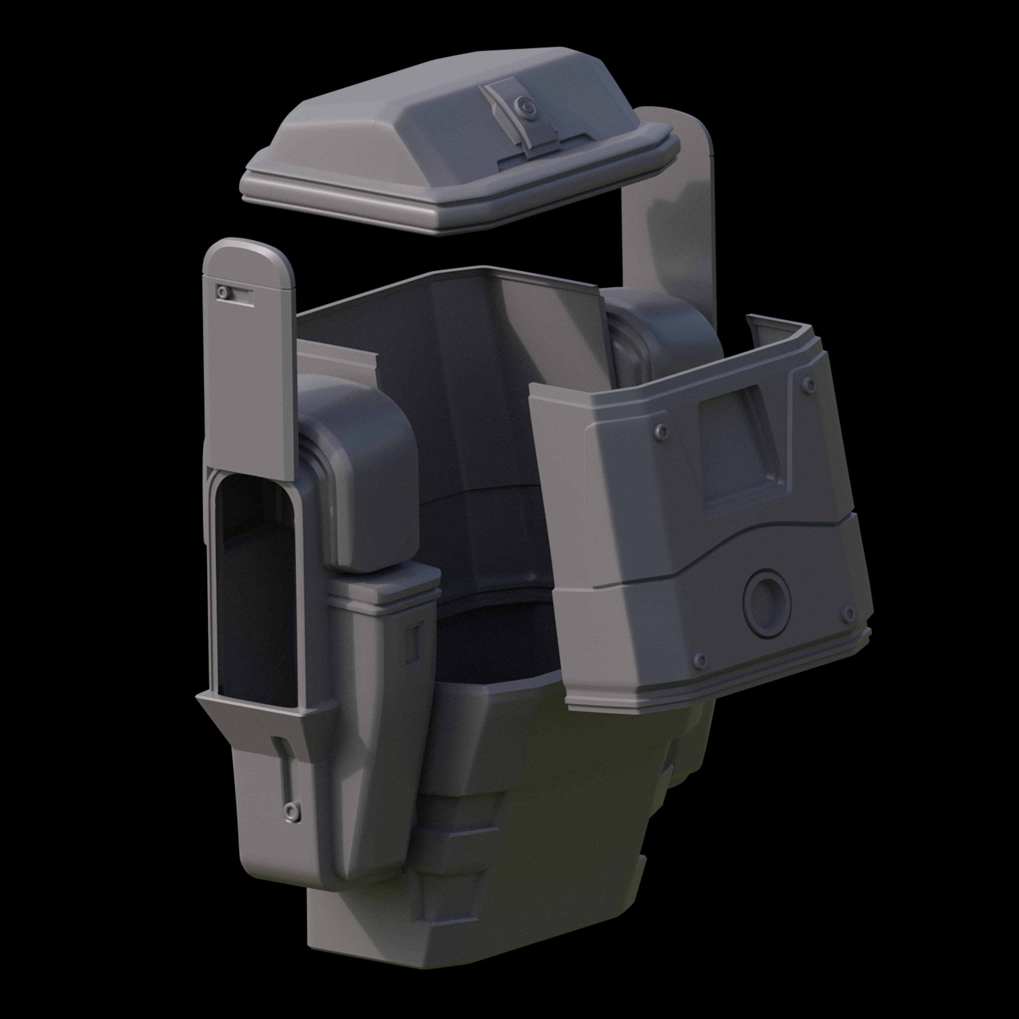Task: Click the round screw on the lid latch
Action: (x=524, y=107)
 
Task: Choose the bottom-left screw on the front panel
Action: (x=700, y=660)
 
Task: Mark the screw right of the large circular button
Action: (x=848, y=614)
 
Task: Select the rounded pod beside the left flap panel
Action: (x=364, y=464)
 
